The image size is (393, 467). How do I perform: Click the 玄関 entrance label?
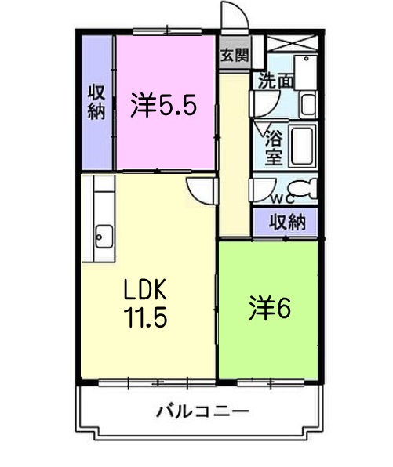tap(234, 55)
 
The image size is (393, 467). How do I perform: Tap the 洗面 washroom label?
tap(276, 81)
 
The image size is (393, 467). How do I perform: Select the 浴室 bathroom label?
tap(274, 147)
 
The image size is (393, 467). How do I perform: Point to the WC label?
tap(283, 199)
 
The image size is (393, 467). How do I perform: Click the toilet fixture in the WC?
tap(304, 188)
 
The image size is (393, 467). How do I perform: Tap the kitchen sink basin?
tap(104, 236)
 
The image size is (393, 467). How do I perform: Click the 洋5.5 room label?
tap(164, 105)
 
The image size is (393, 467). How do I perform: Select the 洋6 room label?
tap(270, 308)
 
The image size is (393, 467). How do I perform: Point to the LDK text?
tap(145, 289)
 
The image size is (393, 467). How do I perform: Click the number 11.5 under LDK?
tap(146, 317)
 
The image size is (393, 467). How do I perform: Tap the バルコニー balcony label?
tap(202, 412)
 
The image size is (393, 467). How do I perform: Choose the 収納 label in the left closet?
tap(96, 102)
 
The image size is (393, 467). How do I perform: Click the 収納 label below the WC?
tap(288, 222)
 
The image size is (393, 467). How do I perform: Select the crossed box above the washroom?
tap(292, 43)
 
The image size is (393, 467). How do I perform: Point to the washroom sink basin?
tap(308, 105)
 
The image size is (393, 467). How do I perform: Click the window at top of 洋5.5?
tap(167, 31)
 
